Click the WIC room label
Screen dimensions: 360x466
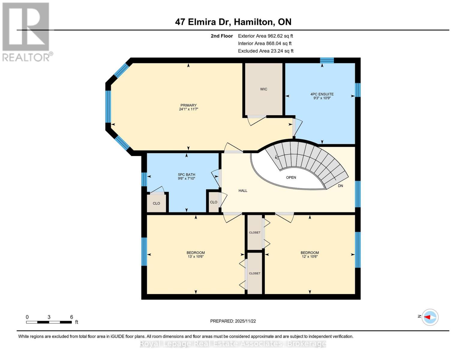point(263,89)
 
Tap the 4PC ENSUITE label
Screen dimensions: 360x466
point(322,94)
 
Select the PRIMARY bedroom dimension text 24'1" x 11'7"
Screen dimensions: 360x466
point(188,109)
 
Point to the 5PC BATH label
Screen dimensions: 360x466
point(186,175)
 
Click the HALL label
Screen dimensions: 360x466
point(243,190)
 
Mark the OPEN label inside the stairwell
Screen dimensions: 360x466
point(291,177)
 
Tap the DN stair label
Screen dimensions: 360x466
point(340,186)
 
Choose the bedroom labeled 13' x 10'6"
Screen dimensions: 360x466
point(196,255)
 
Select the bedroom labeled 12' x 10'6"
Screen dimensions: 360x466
point(310,255)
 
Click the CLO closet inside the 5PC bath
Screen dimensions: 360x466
point(156,203)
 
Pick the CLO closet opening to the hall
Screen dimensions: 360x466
point(214,202)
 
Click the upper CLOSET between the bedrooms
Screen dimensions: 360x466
point(255,232)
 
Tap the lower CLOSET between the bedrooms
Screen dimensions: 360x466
point(255,273)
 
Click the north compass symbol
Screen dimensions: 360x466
point(430,317)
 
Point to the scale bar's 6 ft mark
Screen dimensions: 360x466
point(71,317)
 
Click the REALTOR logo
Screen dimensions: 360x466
point(26,31)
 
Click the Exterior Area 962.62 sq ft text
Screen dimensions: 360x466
point(265,36)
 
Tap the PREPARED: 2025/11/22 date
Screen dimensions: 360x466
point(233,321)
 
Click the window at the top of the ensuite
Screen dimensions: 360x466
point(327,60)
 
